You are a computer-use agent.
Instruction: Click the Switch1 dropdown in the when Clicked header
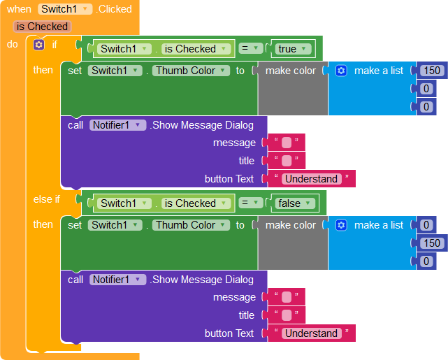point(65,9)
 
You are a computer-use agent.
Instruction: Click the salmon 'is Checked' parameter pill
point(43,27)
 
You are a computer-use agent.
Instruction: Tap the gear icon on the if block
point(38,45)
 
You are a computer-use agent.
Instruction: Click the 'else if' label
point(47,199)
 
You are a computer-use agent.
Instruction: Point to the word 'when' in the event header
point(19,9)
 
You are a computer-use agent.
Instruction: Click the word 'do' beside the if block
point(13,45)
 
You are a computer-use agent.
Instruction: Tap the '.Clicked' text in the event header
point(114,9)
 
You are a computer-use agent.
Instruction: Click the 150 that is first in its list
point(432,71)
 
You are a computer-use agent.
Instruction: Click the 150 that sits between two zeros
point(432,243)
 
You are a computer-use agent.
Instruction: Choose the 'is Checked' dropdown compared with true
point(196,49)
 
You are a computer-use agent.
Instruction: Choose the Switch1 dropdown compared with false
point(125,203)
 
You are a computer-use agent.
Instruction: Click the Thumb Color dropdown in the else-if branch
point(190,225)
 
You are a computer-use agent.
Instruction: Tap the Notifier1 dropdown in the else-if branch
point(117,280)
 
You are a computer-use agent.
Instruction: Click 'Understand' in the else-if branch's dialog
point(311,333)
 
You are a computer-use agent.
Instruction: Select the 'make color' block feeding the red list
point(291,71)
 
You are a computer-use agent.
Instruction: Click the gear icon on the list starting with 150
point(341,71)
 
